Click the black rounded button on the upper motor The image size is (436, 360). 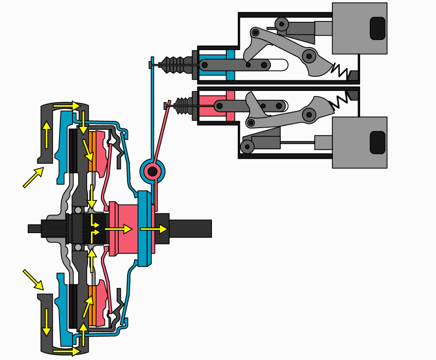[377, 28]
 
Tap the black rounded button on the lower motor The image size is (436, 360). [377, 142]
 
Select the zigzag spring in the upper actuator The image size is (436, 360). [340, 71]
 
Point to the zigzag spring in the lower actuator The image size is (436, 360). [340, 101]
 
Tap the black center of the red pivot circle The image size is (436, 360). [152, 172]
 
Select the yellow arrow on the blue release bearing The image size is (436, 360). [153, 229]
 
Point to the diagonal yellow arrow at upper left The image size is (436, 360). [33, 178]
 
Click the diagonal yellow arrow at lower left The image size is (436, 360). [33, 280]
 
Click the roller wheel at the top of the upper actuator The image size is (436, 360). [281, 23]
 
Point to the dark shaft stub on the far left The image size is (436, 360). [34, 229]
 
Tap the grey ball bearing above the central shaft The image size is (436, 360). [78, 210]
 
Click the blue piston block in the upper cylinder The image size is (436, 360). [231, 65]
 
